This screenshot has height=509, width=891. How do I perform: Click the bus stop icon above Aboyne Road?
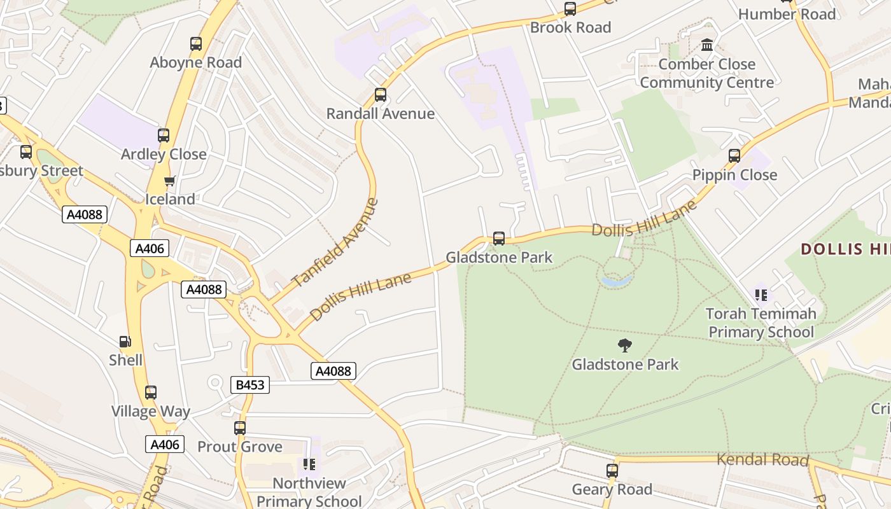196,44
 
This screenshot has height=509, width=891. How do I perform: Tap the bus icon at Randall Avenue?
381,95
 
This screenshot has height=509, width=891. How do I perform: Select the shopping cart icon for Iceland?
169,181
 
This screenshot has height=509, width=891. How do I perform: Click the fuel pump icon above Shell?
125,342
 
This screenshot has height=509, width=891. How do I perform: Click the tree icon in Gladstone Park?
625,345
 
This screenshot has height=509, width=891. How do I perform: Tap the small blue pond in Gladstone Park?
617,280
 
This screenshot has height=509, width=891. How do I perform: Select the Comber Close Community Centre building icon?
706,45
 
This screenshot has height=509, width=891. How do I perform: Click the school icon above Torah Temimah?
761,295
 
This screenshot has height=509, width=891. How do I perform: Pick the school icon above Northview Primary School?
309,464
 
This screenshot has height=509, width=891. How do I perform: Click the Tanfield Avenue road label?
335,243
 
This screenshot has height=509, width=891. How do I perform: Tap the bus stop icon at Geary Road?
612,471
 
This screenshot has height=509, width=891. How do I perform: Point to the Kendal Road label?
762,459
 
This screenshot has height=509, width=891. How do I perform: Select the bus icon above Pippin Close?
734,156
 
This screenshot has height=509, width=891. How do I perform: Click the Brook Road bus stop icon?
570,9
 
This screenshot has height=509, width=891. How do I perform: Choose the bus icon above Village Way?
151,393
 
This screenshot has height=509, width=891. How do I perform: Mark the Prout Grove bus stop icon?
240,428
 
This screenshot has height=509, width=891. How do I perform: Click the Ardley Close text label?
164,154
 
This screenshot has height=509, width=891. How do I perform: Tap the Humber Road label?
787,14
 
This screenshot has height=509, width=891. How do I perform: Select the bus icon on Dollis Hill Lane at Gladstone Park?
499,239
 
